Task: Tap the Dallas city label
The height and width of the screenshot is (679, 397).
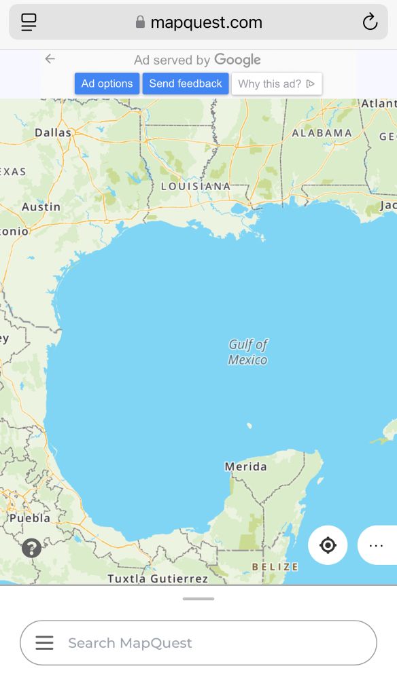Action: (x=53, y=132)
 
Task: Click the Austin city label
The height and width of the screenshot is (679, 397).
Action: (x=41, y=206)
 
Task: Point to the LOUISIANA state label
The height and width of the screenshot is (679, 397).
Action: (x=196, y=186)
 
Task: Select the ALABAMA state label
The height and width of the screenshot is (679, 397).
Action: (x=322, y=133)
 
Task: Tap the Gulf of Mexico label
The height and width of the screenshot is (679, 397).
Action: (x=248, y=352)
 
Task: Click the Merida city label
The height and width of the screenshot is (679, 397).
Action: (x=245, y=466)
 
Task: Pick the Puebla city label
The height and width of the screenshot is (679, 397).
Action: (x=30, y=517)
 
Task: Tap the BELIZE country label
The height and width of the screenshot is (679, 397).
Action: (x=275, y=566)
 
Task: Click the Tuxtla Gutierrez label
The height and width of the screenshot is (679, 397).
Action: (x=158, y=579)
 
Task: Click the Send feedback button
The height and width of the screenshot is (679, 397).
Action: (x=186, y=84)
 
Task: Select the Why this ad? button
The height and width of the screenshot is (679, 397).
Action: (x=277, y=84)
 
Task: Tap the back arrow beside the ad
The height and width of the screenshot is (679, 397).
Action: (x=50, y=59)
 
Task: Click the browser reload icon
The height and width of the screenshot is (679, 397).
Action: (x=370, y=22)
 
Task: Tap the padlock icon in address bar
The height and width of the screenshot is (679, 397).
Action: (x=140, y=22)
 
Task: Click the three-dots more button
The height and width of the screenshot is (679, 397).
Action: (x=376, y=545)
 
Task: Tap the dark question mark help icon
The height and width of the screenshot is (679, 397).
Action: (x=31, y=548)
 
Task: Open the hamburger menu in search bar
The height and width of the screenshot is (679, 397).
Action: (x=44, y=642)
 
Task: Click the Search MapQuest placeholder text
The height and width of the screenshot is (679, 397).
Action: (x=130, y=642)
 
